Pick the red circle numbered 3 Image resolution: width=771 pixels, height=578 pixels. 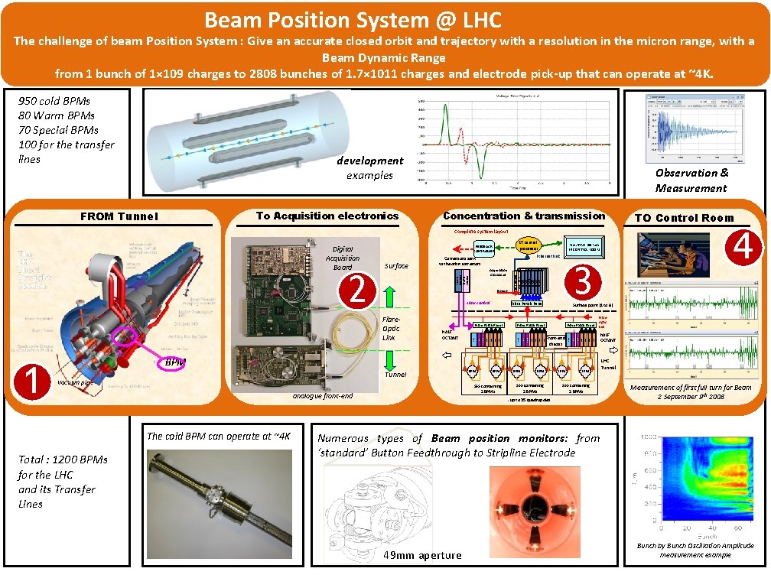click(x=582, y=281)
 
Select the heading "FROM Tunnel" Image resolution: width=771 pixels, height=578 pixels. click(x=119, y=216)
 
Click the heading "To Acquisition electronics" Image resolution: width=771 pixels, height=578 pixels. click(x=327, y=216)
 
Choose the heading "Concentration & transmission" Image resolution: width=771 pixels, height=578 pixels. click(x=523, y=216)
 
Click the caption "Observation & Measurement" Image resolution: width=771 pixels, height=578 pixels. click(x=691, y=180)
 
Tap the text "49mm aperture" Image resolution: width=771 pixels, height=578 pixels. click(x=422, y=555)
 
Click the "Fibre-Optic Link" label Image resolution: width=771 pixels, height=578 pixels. click(x=390, y=328)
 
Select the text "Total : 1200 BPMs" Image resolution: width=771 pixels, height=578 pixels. click(x=63, y=459)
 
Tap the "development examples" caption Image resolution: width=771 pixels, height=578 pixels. click(x=369, y=167)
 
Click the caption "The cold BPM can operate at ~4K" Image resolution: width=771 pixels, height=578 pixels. click(x=219, y=436)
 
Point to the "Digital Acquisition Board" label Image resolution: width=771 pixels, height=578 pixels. click(x=342, y=258)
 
